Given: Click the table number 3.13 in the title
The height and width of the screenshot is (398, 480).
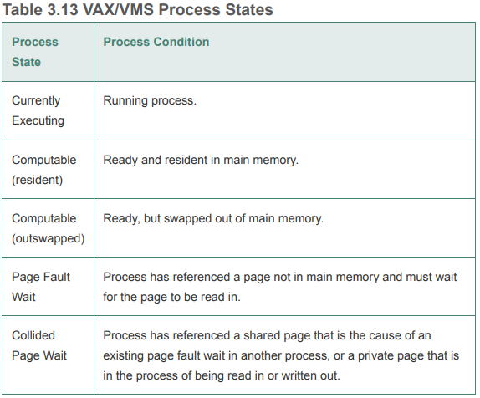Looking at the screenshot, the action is click(x=63, y=9).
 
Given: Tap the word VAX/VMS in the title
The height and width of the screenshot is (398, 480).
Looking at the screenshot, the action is click(x=118, y=9).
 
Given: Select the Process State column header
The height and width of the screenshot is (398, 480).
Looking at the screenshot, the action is click(x=35, y=52).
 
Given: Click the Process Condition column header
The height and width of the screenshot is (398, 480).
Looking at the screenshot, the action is click(x=156, y=42).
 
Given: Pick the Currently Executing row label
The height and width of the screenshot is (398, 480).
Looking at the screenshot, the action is click(x=38, y=110).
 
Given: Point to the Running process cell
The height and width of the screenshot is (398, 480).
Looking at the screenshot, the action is click(x=150, y=100).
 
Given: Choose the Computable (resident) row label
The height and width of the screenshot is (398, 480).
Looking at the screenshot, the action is click(x=43, y=170).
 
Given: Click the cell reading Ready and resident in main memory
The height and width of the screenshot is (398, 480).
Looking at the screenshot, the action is click(x=201, y=160).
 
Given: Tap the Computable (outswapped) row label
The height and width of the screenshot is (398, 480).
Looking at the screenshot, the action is click(x=48, y=228).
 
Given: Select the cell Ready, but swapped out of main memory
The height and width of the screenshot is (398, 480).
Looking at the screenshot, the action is click(x=213, y=218).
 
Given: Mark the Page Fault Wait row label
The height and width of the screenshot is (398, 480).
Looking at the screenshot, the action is click(x=41, y=287).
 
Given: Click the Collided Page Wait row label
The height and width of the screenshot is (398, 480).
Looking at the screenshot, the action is click(x=39, y=345).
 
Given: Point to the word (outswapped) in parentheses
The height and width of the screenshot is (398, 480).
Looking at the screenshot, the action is click(x=48, y=238).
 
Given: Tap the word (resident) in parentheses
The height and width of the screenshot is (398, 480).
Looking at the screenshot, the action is click(x=37, y=180).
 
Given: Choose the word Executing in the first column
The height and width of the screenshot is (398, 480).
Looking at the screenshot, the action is click(x=38, y=121).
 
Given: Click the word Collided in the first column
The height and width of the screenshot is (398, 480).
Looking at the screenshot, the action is click(x=33, y=335).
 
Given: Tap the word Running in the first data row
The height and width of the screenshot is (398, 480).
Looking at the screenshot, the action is click(x=125, y=101).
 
